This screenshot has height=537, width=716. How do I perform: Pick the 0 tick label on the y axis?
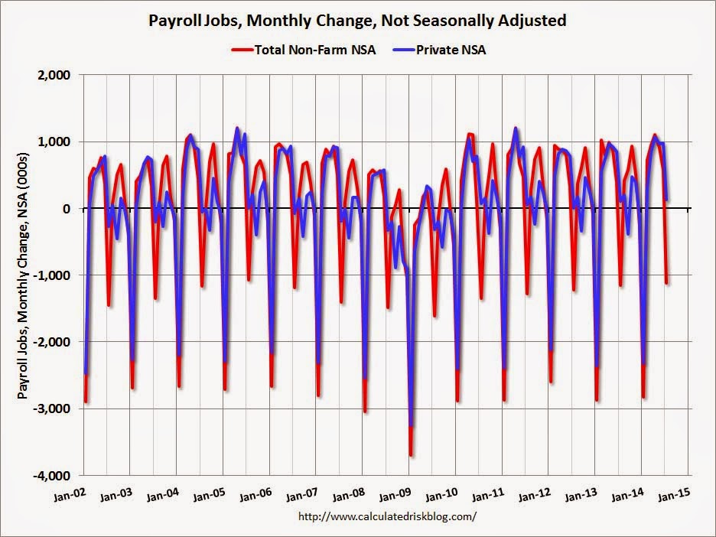(x=66, y=209)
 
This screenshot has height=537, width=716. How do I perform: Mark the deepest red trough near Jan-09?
(x=411, y=455)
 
